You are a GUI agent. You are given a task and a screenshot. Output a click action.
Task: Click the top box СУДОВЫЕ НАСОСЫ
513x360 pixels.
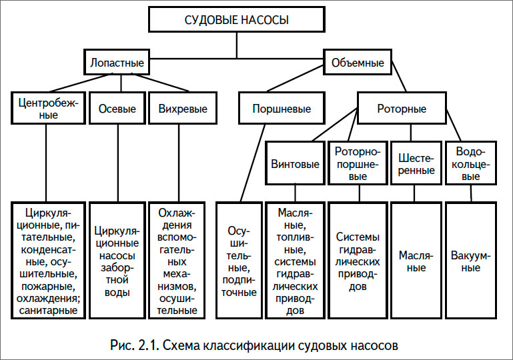(236, 20)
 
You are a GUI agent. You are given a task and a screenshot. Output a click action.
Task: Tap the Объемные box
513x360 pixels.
(358, 63)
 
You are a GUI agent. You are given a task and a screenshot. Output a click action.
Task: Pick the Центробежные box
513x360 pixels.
(49, 108)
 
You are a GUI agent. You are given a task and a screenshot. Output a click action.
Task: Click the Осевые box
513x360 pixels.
(117, 109)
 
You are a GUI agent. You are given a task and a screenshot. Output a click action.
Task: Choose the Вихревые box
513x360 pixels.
(178, 109)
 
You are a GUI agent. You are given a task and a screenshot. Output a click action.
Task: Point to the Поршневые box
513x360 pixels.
(282, 109)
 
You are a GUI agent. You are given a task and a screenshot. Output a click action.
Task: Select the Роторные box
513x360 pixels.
(402, 109)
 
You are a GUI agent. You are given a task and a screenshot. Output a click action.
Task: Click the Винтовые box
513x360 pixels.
(295, 164)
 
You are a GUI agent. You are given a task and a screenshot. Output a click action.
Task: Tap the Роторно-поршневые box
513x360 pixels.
(358, 164)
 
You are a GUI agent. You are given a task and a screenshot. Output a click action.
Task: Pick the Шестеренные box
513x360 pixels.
(416, 164)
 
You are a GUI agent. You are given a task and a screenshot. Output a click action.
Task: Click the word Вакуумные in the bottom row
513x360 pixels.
(472, 261)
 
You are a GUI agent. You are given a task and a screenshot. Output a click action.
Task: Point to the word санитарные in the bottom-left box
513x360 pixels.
(49, 310)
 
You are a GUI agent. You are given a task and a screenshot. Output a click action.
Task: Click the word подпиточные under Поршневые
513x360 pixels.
(239, 292)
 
